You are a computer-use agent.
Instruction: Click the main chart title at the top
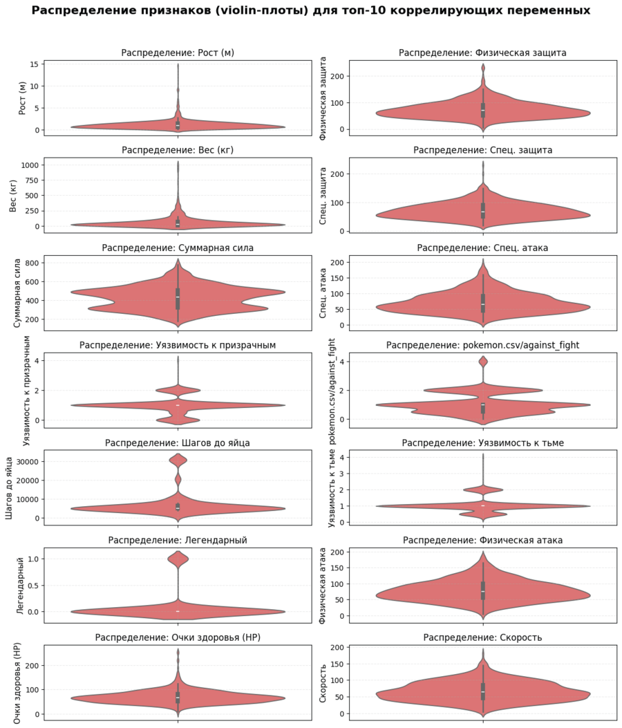pos(311,10)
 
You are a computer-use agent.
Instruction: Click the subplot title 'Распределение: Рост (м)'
pos(178,53)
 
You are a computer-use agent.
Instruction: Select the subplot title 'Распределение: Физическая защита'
pos(483,53)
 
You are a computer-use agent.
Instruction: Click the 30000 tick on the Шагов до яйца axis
pos(28,461)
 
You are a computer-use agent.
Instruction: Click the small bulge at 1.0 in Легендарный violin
pos(178,559)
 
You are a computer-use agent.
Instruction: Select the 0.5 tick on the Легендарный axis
pos(32,585)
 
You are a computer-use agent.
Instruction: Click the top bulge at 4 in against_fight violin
pos(483,362)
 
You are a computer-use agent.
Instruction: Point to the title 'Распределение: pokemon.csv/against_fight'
pos(483,345)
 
